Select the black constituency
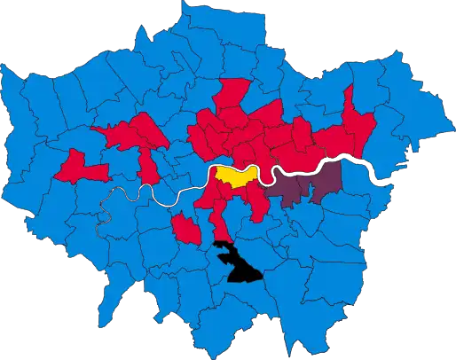[x=235, y=262]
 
